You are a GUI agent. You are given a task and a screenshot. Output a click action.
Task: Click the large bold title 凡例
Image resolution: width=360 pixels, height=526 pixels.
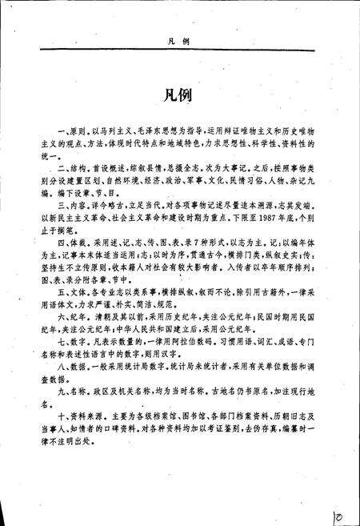(180, 95)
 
